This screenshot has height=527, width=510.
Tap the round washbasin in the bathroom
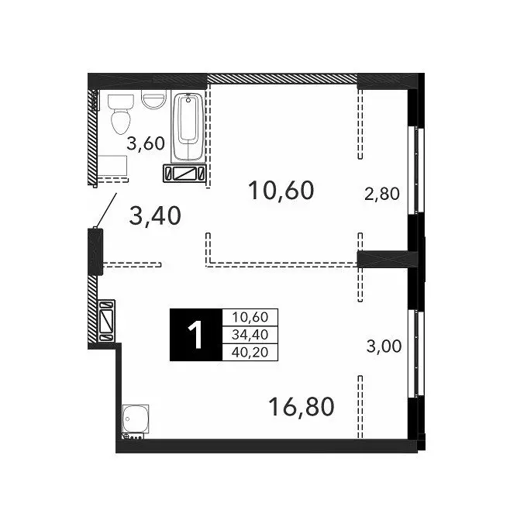(153, 99)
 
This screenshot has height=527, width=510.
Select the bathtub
(188, 127)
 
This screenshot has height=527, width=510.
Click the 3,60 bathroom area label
(146, 143)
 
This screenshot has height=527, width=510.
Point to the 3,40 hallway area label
(155, 215)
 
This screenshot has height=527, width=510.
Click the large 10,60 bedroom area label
(281, 190)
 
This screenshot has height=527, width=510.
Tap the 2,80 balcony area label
(382, 194)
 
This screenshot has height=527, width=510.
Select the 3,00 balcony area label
(384, 346)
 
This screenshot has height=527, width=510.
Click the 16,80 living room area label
(302, 406)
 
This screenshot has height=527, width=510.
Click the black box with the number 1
(196, 335)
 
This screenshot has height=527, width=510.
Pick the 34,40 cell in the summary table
(250, 335)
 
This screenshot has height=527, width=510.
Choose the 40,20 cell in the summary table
(250, 352)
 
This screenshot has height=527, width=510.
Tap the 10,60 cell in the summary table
(250, 317)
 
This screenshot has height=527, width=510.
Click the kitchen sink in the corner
(136, 418)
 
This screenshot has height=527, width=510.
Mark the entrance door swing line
(106, 210)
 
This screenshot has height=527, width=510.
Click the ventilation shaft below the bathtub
(184, 174)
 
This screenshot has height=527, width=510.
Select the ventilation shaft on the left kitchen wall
(107, 321)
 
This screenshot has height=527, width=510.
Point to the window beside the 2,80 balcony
(416, 170)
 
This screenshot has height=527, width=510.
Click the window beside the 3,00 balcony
(416, 353)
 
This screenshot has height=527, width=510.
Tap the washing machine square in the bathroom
(112, 165)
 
